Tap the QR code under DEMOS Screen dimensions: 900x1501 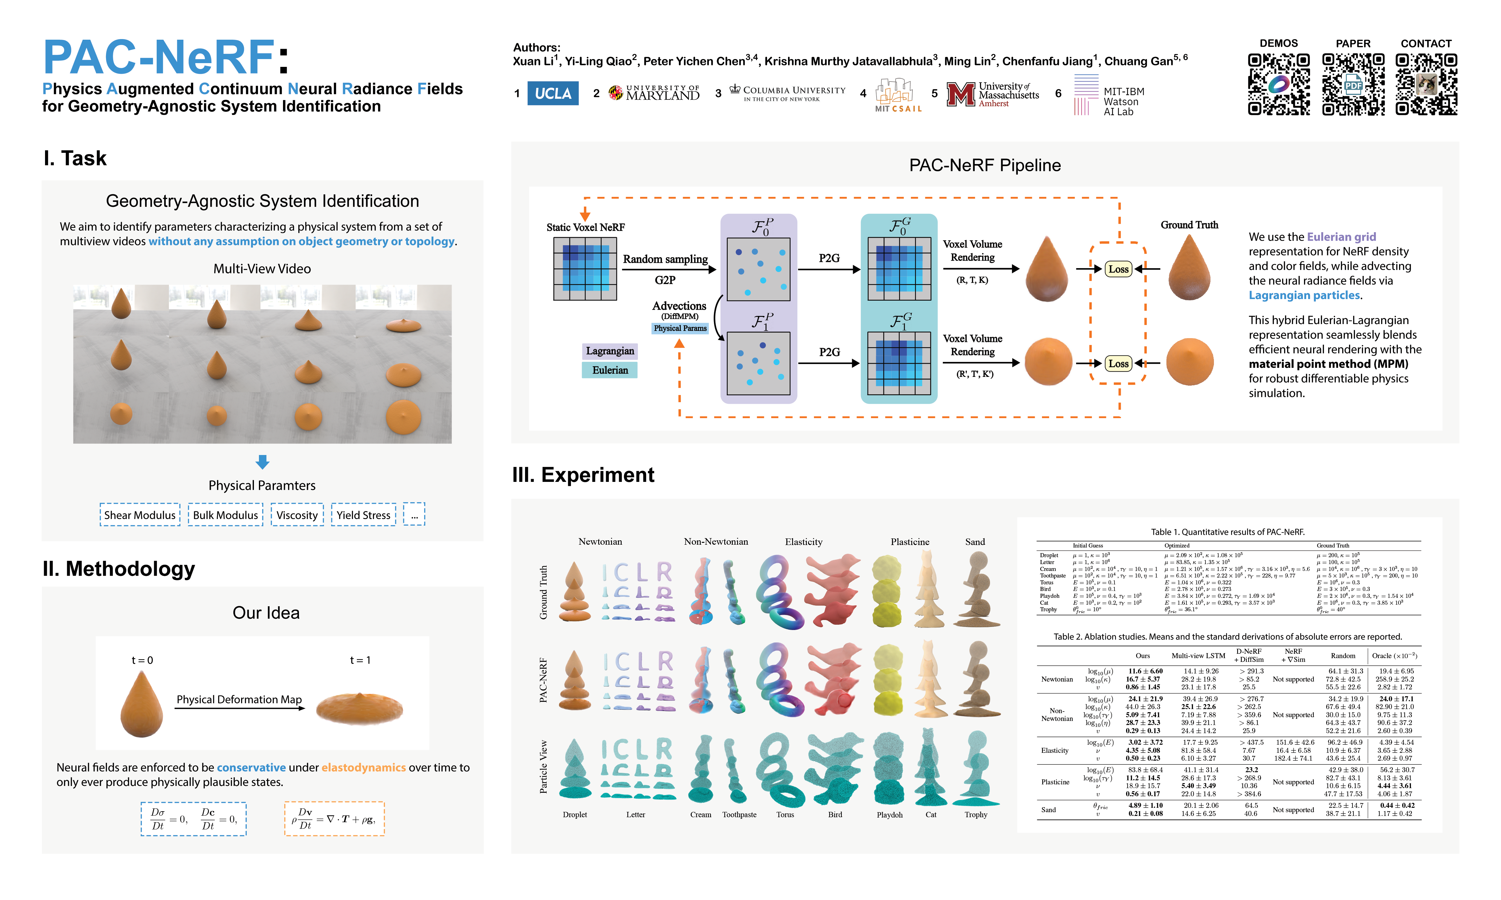click(1278, 84)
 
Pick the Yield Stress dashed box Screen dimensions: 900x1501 click(363, 515)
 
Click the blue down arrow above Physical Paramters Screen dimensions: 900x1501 click(262, 462)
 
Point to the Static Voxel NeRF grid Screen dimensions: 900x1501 click(585, 269)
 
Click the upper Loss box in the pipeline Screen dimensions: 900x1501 click(1118, 269)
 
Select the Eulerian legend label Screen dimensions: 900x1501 click(610, 370)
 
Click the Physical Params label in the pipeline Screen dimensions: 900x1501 click(680, 328)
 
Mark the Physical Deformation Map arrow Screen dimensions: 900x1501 click(240, 708)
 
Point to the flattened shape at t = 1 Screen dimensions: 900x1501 click(360, 708)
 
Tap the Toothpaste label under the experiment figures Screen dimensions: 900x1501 click(739, 814)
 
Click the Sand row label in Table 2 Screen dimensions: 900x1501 click(1049, 810)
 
